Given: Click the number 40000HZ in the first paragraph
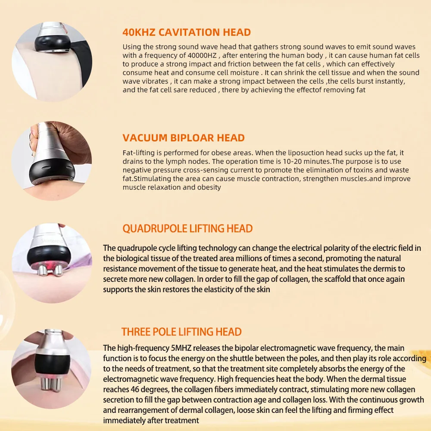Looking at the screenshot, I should tap(206, 55).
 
